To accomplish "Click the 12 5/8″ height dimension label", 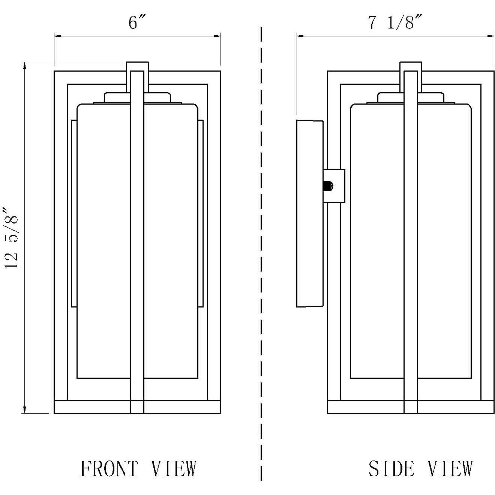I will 11,238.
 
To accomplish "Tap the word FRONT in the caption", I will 109,469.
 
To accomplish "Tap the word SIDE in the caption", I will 391,469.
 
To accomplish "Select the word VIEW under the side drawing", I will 450,469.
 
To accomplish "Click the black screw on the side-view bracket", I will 328,186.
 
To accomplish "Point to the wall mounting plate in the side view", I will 309,214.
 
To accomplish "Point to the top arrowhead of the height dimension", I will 25,66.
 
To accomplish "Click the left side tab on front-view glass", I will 74,214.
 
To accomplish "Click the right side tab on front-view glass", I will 200,214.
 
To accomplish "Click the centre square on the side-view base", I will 411,407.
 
